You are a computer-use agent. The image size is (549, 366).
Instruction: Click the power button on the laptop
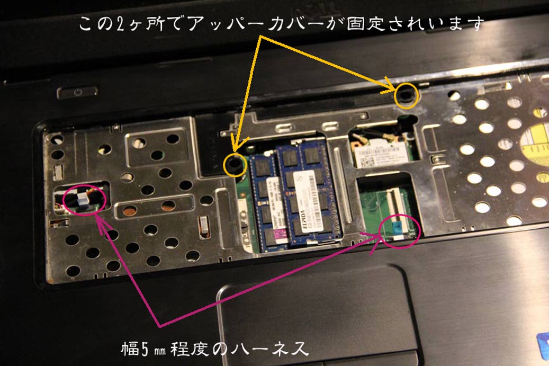point(77,92)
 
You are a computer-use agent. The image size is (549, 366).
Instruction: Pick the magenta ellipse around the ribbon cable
point(400,228)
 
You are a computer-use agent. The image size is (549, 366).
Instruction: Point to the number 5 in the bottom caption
point(150,349)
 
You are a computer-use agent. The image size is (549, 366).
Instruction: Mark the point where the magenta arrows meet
point(159,325)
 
